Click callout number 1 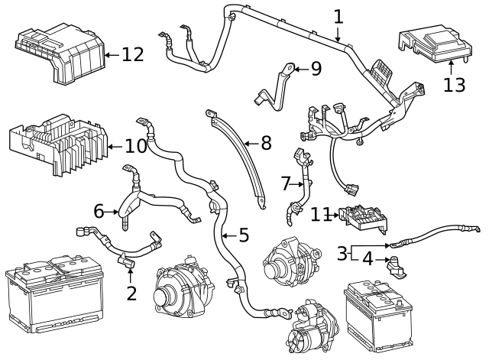click(x=338, y=16)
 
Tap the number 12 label click(x=132, y=54)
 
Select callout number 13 click(x=454, y=84)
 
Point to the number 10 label click(x=134, y=145)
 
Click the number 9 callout click(x=316, y=69)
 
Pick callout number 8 click(x=265, y=143)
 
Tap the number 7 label click(x=286, y=183)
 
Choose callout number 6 click(x=99, y=210)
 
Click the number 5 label click(x=243, y=235)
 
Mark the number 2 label click(x=131, y=292)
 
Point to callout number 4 click(x=368, y=259)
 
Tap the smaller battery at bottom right click(x=378, y=313)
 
